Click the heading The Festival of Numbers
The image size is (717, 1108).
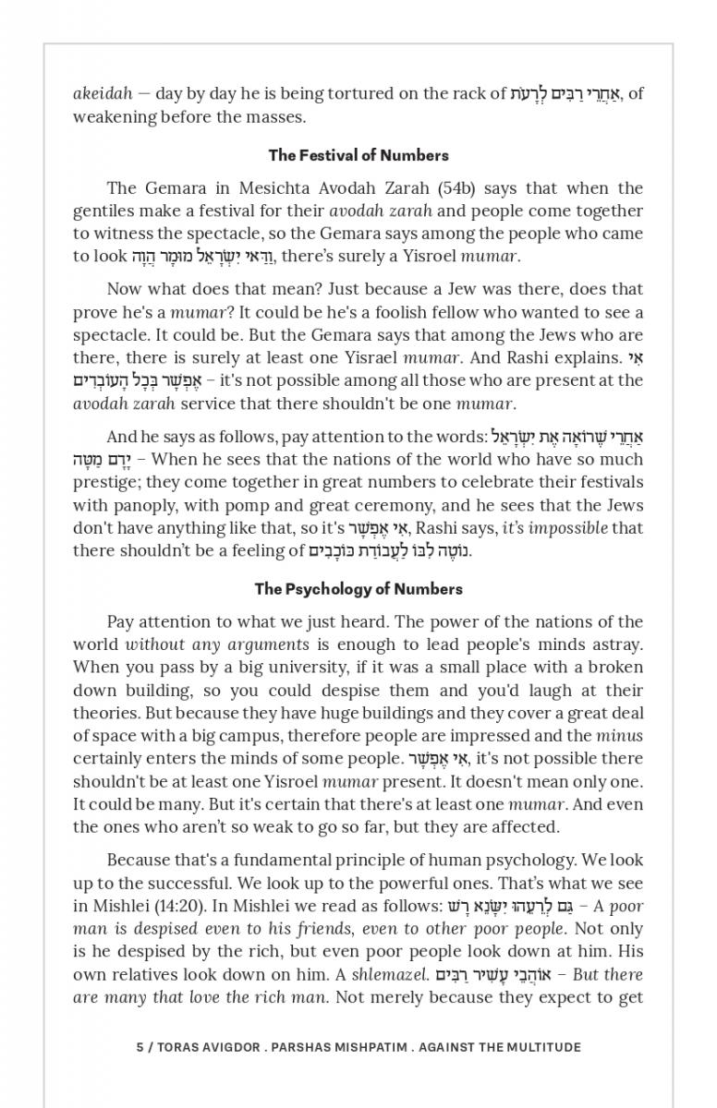(x=358, y=155)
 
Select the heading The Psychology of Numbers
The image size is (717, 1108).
(x=358, y=589)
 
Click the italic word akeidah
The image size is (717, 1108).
(x=101, y=93)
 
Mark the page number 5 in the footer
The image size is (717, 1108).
(x=140, y=1047)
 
